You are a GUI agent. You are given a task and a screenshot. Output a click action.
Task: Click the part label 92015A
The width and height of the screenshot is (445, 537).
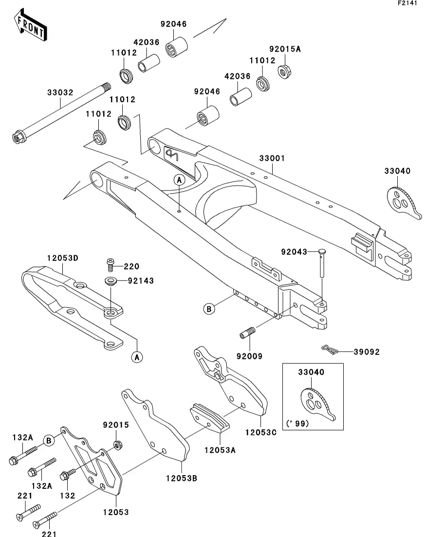point(285,49)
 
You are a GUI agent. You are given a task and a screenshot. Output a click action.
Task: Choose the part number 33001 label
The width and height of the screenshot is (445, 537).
point(272,158)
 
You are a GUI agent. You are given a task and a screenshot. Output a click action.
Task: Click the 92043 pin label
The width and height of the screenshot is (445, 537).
point(294,252)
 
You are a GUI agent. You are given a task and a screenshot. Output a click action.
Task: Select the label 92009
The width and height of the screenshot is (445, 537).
point(250,356)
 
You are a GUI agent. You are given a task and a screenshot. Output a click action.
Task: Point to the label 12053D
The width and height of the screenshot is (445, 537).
point(62,258)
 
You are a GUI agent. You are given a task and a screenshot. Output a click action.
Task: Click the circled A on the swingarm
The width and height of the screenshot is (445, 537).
point(179,180)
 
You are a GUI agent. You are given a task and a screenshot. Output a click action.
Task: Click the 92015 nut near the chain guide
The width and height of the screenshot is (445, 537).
point(117,444)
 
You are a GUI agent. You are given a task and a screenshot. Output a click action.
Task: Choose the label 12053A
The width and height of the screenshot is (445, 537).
point(220,450)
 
